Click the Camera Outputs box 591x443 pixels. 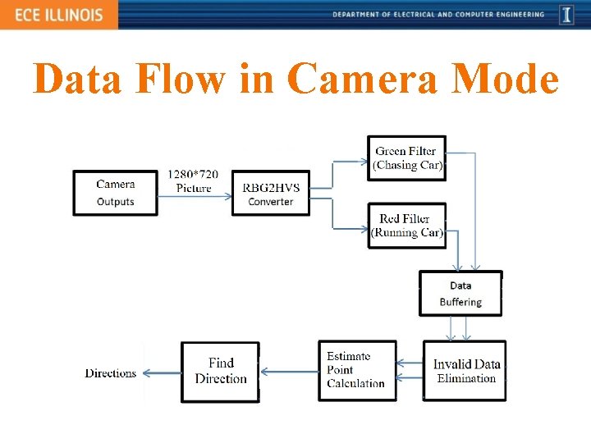tap(115, 193)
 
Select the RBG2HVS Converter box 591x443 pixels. tap(271, 194)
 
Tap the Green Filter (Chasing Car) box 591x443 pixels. tap(407, 158)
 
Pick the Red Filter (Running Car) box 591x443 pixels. tap(407, 225)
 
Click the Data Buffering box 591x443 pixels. tap(460, 293)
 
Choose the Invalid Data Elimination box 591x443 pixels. tap(465, 371)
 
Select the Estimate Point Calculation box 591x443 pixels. tap(356, 370)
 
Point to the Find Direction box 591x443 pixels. tap(220, 371)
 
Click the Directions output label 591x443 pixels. tap(111, 373)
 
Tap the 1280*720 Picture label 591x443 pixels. tap(193, 181)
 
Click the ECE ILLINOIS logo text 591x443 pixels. tap(57, 15)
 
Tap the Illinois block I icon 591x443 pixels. tap(566, 14)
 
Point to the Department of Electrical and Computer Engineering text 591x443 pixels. tap(438, 14)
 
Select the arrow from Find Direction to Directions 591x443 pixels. tap(160, 373)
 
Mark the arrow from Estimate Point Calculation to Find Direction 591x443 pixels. tap(288, 372)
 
